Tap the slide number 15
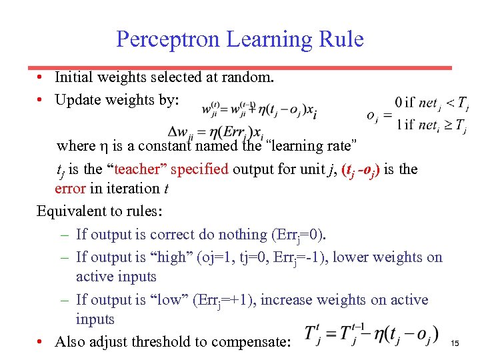click(455, 343)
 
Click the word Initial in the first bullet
click(74, 77)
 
